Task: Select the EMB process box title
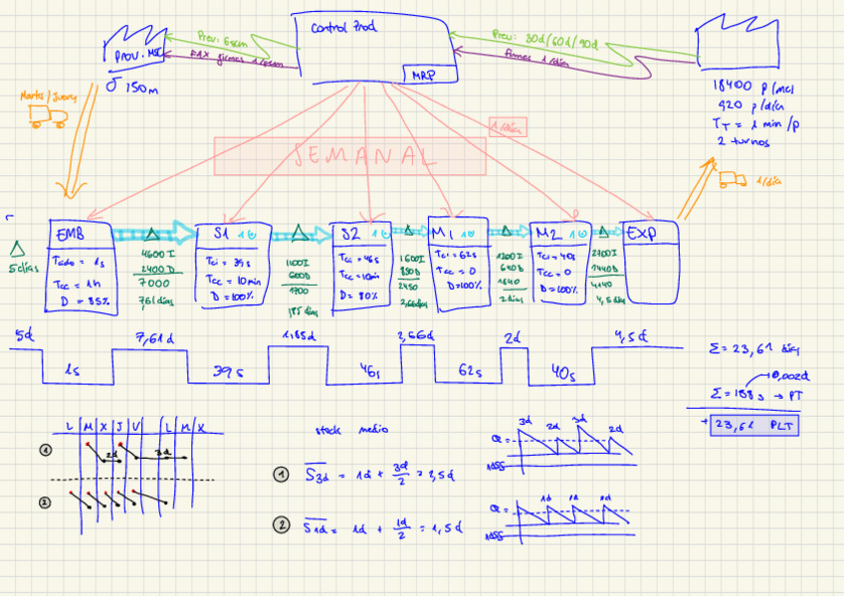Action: coord(70,234)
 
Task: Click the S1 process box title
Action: coord(222,234)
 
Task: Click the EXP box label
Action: coord(639,233)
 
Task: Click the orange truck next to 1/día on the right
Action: coord(732,180)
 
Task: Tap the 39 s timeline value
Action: coord(228,371)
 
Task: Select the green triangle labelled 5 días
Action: coord(16,248)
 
